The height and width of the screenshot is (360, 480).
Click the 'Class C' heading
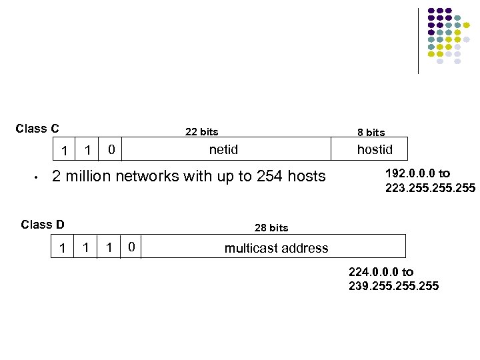click(37, 129)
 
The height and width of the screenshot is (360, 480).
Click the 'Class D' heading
click(43, 224)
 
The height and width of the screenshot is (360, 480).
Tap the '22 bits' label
click(201, 132)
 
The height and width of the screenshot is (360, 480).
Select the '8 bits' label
click(371, 133)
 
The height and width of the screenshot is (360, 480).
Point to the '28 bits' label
click(271, 228)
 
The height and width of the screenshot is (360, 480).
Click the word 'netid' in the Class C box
click(223, 149)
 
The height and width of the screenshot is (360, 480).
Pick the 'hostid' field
click(375, 149)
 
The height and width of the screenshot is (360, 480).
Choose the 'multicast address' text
click(276, 248)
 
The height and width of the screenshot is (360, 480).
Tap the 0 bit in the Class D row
click(132, 248)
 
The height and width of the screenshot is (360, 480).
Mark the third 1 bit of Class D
click(109, 248)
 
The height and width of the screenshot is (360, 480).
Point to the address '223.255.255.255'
click(430, 188)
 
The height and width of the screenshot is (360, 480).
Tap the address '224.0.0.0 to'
click(381, 272)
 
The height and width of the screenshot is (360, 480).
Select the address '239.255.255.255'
click(393, 286)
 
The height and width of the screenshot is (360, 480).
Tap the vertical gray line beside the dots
click(419, 40)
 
